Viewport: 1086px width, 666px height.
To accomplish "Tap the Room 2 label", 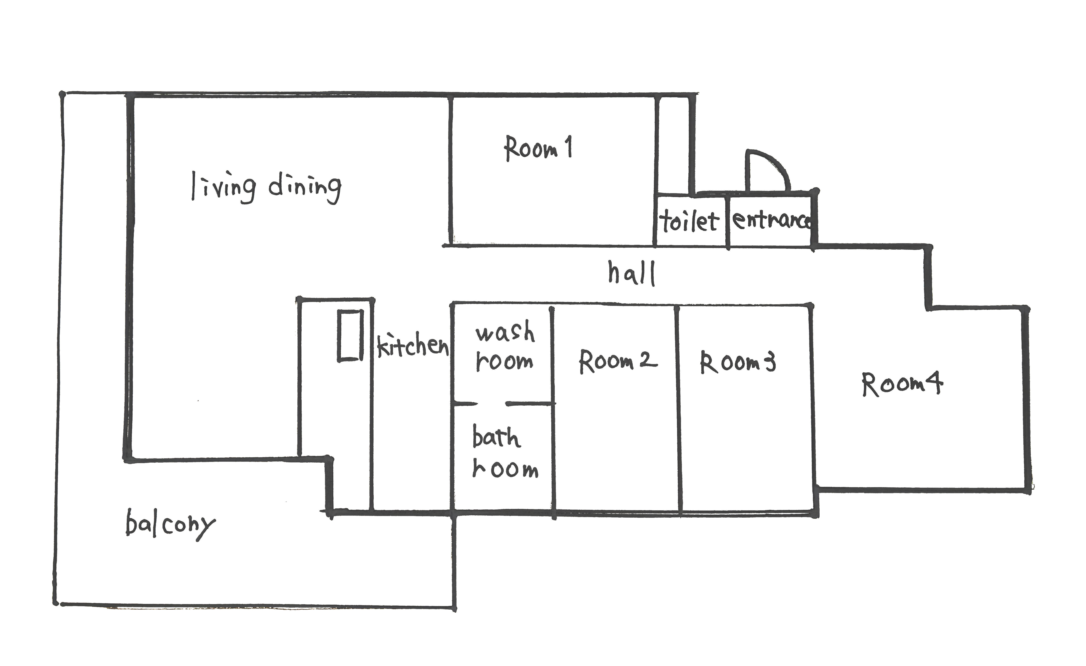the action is (x=618, y=361).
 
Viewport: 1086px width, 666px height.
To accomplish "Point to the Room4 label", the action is (x=902, y=384).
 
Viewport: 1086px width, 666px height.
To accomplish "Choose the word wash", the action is (x=505, y=331).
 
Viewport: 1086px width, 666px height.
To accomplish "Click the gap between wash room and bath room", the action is (x=491, y=403).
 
